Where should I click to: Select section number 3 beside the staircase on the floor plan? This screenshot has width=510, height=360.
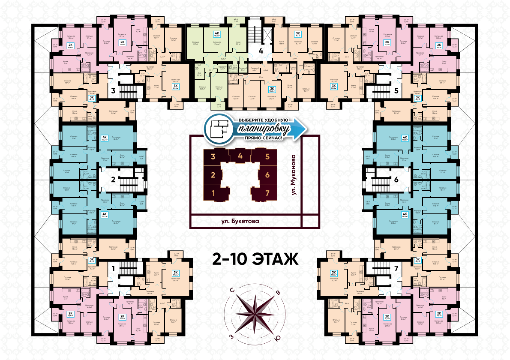pos(113,90)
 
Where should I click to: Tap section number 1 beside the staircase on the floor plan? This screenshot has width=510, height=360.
pos(113,269)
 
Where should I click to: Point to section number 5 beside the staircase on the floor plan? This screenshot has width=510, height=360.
pos(396,90)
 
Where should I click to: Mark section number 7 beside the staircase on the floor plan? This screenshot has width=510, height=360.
pos(396,269)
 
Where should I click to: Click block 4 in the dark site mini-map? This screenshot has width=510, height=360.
pos(240,156)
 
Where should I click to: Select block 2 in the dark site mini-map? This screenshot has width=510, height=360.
pos(213,174)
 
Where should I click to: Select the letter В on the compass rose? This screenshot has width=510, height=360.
pos(279,293)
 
